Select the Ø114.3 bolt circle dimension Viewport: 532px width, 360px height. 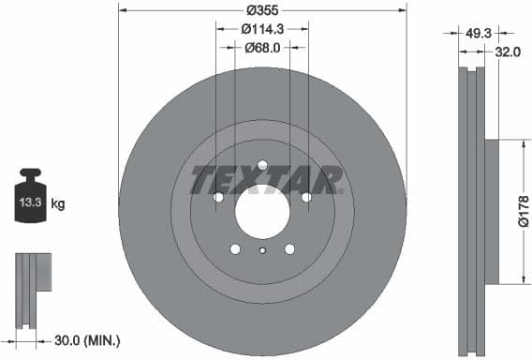[262, 29]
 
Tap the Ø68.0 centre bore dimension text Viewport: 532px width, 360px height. [262, 47]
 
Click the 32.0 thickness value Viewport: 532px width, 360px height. [507, 53]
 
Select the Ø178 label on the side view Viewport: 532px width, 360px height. [524, 212]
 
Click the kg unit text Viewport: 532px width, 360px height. [57, 202]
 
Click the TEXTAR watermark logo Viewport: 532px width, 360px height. [266, 180]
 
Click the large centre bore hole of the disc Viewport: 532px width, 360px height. [262, 209]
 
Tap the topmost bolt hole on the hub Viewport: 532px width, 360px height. [262, 165]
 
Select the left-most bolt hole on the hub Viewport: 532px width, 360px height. [218, 197]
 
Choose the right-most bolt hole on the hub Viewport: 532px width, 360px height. [306, 197]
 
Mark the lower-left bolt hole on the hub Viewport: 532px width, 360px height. [235, 248]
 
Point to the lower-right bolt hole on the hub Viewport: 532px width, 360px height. [289, 248]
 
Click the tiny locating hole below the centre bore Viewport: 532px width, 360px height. [262, 250]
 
